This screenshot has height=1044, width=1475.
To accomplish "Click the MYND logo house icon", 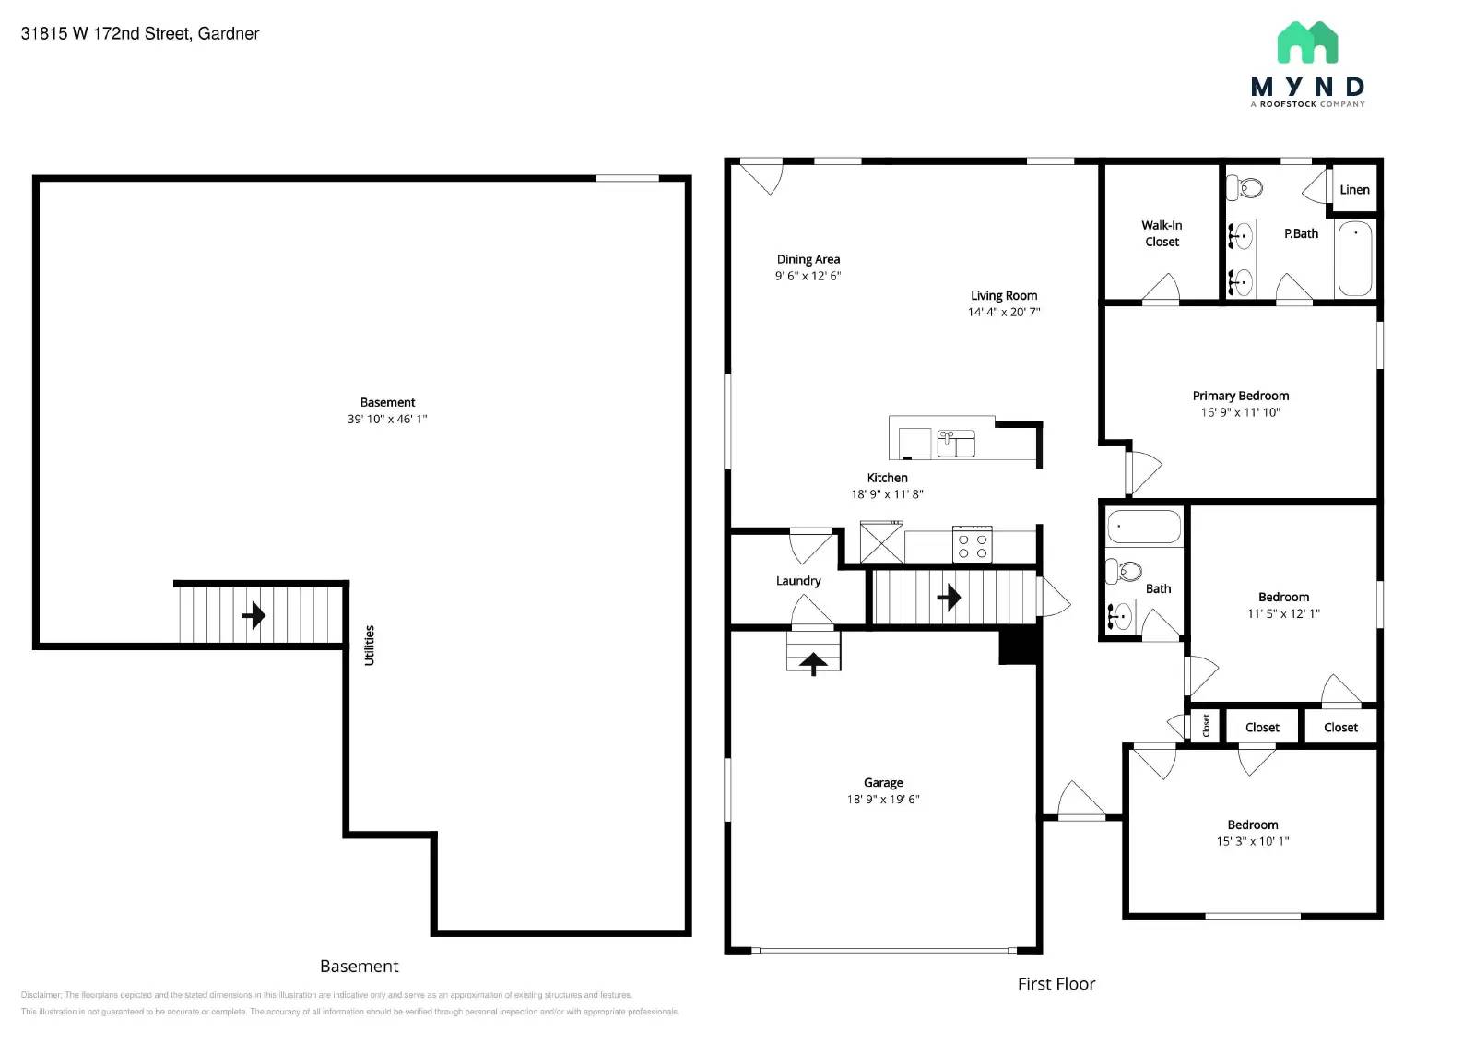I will (1306, 42).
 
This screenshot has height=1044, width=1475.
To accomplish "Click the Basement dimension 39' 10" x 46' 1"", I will (387, 419).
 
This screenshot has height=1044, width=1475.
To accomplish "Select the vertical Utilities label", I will (370, 645).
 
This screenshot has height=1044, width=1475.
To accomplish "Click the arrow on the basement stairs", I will (254, 615).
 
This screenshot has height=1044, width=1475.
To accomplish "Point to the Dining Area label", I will (808, 259).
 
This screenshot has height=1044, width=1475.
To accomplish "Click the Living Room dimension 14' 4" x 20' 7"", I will (1003, 312).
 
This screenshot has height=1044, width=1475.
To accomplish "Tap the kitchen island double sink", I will (956, 444).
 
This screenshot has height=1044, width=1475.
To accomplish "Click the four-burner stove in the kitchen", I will (972, 545).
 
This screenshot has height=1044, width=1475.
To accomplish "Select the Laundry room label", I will (797, 581).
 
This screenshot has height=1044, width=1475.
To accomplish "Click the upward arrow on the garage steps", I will (813, 661).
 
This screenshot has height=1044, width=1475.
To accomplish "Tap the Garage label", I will (882, 782).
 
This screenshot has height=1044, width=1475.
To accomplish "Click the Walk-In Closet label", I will (1162, 233).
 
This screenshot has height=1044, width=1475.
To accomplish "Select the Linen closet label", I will (1353, 190).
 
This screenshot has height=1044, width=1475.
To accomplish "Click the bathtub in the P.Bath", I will (1354, 258).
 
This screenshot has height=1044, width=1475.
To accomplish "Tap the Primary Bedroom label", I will (1240, 396).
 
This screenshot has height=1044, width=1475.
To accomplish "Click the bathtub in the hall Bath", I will (1143, 527).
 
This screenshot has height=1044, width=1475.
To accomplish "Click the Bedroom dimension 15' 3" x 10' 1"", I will (1252, 841).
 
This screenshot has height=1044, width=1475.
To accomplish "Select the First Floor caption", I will (1056, 984).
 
